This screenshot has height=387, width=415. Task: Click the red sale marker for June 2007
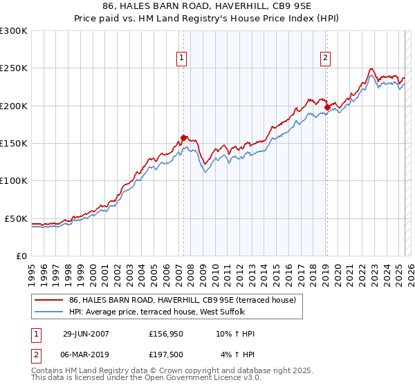pos(183,138)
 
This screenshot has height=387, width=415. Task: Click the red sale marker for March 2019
pos(327,107)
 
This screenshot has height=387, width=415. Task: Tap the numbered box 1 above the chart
pos(181,59)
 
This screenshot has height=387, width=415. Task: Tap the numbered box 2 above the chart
pos(324,59)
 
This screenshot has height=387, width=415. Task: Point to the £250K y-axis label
pos(14,68)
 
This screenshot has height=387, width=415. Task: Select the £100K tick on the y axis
pos(14,180)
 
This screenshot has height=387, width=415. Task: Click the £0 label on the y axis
pos(21,256)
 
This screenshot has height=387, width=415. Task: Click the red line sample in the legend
pos(49,300)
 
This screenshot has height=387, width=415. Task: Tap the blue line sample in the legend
pos(49,311)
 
